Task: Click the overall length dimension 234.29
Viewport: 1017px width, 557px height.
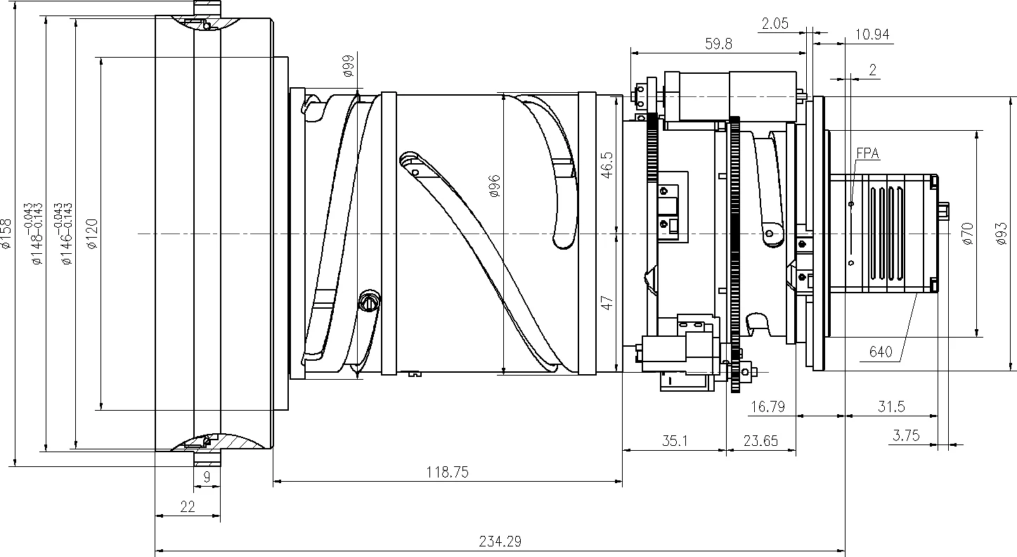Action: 500,542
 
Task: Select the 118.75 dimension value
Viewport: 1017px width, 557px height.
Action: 447,473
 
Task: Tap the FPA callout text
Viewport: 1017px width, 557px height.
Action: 867,153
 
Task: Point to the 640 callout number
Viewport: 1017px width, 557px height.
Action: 881,352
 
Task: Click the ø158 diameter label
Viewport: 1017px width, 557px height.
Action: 6,234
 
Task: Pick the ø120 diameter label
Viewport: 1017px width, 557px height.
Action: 91,234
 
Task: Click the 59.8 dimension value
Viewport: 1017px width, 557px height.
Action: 718,44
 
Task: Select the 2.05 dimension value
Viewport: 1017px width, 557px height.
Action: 775,24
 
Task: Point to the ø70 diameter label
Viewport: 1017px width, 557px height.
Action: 968,233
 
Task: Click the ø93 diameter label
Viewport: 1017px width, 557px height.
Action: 1002,233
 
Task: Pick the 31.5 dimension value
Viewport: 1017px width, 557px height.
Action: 891,406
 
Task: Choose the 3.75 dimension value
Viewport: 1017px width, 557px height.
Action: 906,435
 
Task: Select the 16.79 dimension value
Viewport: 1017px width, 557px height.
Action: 767,406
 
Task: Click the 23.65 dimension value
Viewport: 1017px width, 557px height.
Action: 760,441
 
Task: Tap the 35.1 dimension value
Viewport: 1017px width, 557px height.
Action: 674,441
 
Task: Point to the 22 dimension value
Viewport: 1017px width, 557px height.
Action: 187,506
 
